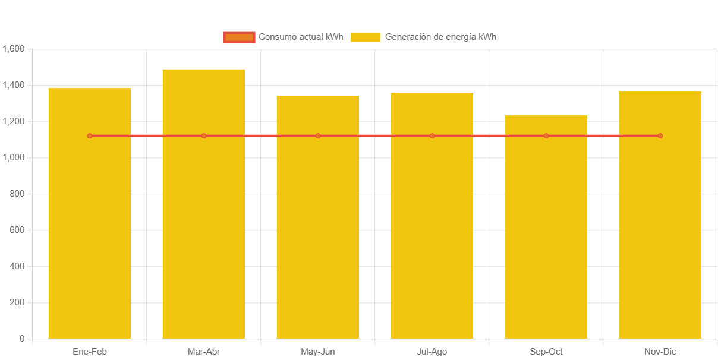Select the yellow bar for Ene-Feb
(90, 238)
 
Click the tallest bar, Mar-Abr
(204, 238)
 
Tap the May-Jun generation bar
(318, 238)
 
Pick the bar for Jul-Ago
(432, 238)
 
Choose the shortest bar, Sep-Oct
(546, 238)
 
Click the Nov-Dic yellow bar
(660, 238)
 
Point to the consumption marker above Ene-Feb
(90, 136)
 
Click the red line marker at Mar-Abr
(204, 136)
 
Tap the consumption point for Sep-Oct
(546, 136)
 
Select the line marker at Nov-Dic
(660, 136)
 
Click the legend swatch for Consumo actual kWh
(239, 37)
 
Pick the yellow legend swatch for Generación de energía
(366, 37)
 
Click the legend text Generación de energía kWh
(440, 37)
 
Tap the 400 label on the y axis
(17, 266)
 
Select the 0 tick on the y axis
(22, 339)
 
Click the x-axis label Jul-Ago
(432, 352)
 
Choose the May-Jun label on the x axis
(318, 352)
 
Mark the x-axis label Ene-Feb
(90, 352)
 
